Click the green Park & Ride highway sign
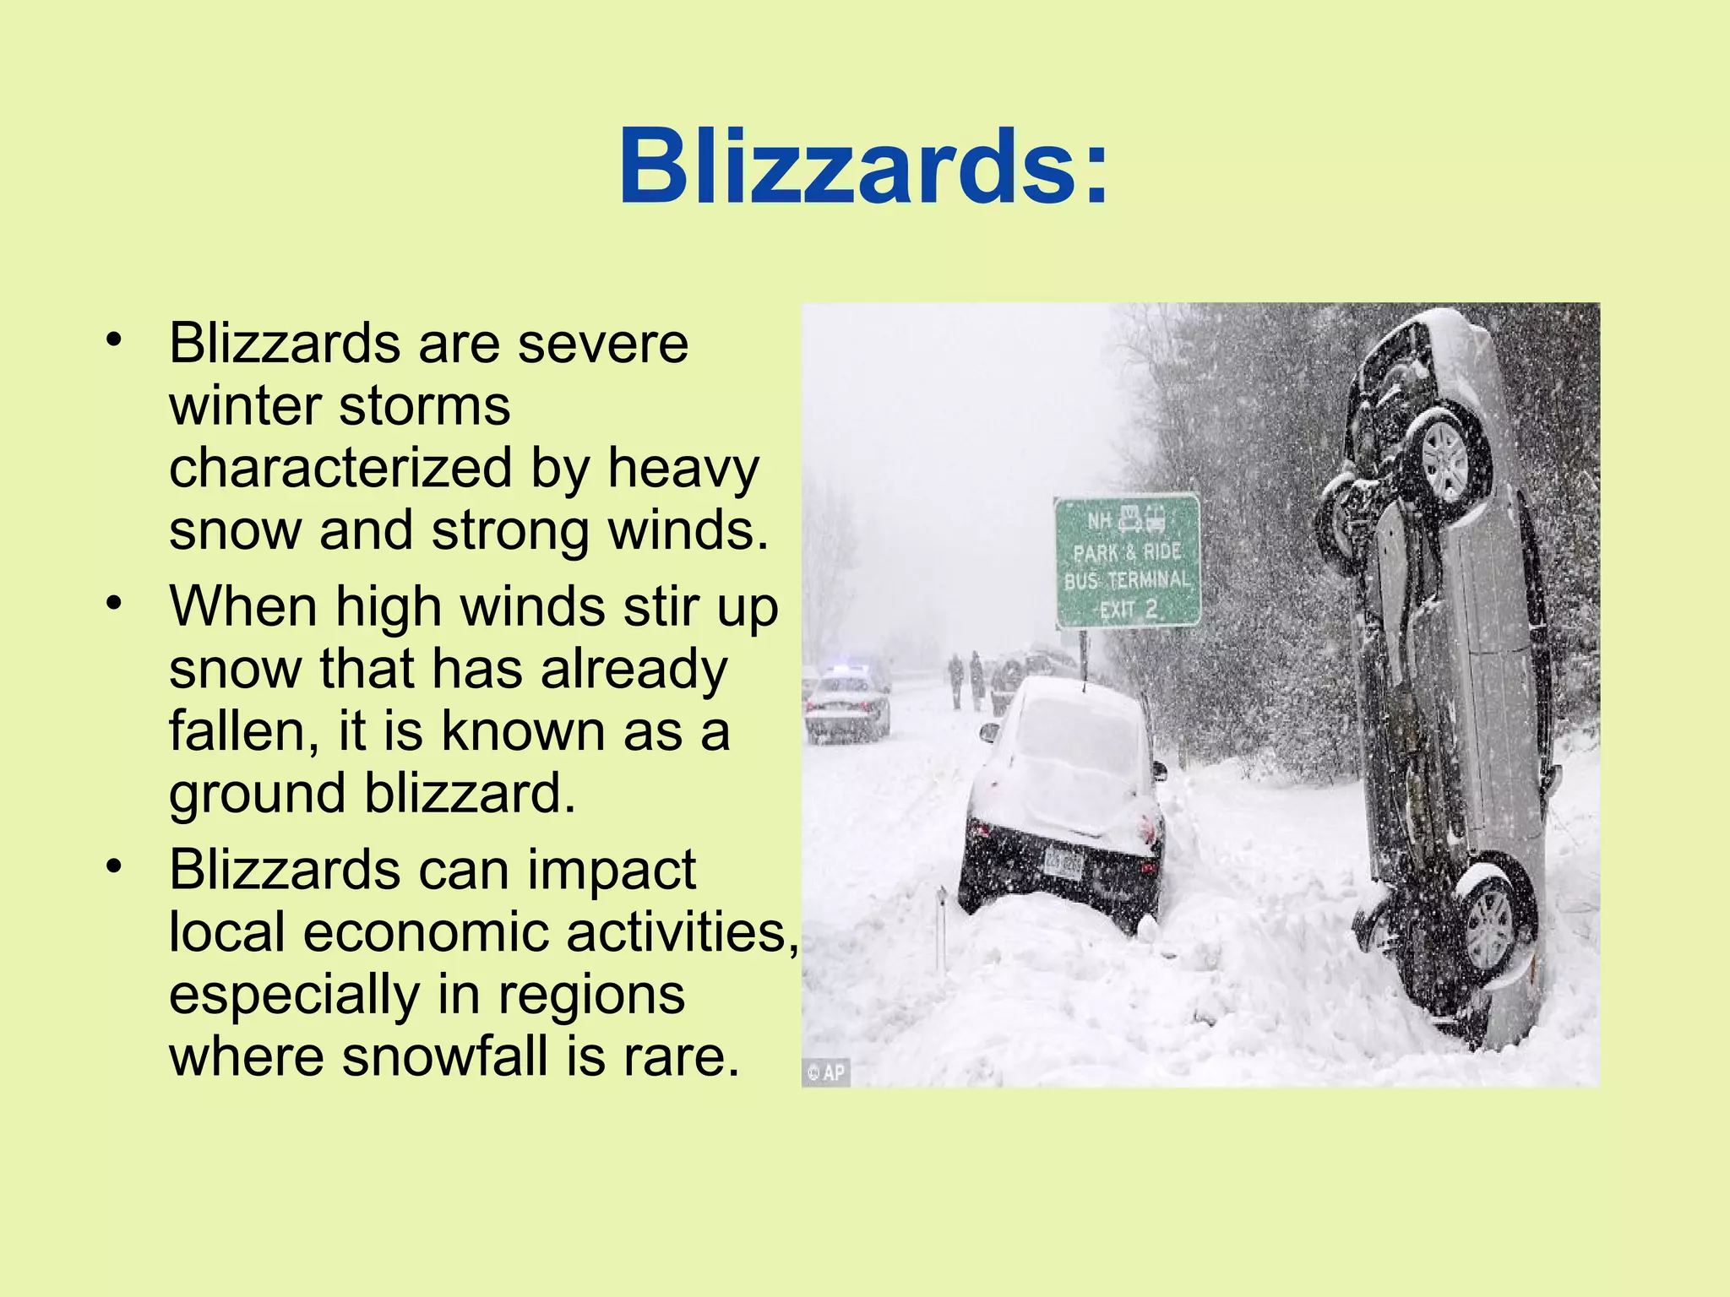click(1127, 561)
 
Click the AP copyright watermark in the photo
click(825, 1072)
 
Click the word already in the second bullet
click(634, 669)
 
